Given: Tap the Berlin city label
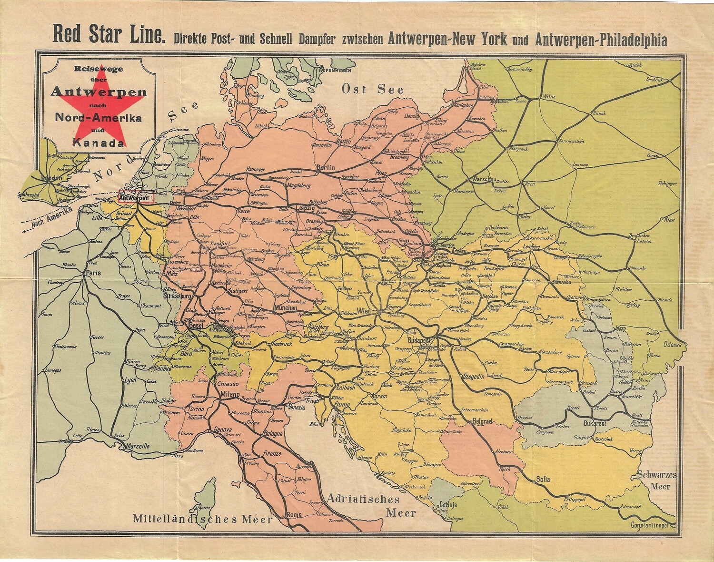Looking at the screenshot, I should point(326,168).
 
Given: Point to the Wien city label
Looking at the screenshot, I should point(364,311).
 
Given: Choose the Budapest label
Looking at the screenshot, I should point(419,340).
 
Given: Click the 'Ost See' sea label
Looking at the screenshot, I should point(373,90).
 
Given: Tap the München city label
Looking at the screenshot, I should point(286,308).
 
